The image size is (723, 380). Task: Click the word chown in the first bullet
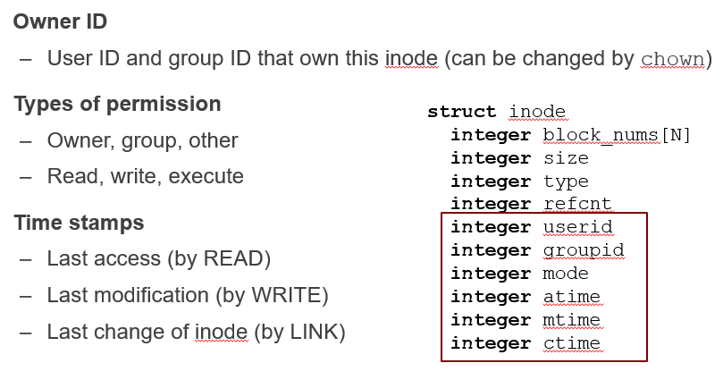coord(673,59)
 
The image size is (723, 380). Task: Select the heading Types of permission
coord(117,104)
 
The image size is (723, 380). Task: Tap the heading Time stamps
coord(79,222)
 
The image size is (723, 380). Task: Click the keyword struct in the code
coord(461,112)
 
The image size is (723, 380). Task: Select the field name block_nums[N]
coord(617,135)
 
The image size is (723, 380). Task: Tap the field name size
coord(566,158)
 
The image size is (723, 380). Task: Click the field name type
coord(566,182)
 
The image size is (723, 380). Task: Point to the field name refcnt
coord(577,205)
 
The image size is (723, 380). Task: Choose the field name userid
coord(577,227)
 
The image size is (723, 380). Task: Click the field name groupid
coord(583,250)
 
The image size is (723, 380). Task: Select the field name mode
coord(566,274)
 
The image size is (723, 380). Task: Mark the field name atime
coord(571,297)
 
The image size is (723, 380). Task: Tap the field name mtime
coord(571,320)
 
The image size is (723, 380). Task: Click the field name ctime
coord(571,343)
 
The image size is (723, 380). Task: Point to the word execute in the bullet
coord(211,176)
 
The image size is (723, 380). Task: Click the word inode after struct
coord(537,112)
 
